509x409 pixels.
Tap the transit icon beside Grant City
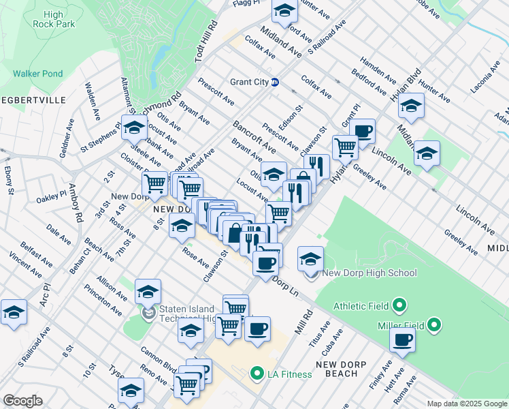(275, 82)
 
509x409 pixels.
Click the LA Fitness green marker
(257, 374)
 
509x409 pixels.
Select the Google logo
(22, 401)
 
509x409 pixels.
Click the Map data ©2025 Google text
(466, 404)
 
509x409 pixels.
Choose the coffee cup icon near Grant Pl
(363, 130)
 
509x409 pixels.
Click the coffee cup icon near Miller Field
(402, 339)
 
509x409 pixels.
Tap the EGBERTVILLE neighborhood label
(33, 100)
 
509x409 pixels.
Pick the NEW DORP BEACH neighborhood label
(333, 369)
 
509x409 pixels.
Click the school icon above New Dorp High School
(311, 258)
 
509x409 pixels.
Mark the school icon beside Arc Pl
(14, 312)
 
